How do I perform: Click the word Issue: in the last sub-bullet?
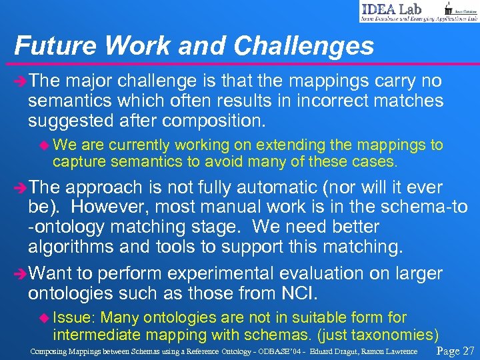73,318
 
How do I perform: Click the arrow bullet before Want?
20,274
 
